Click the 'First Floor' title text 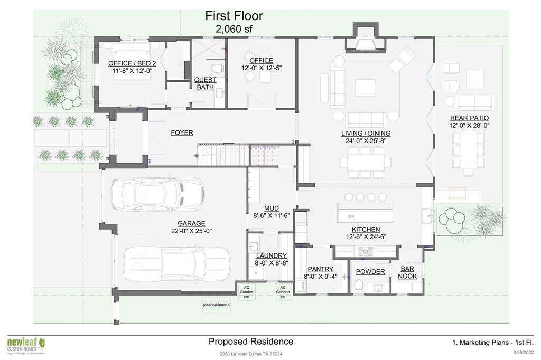click(234, 16)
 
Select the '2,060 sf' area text click(234, 29)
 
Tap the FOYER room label click(182, 133)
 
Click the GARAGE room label click(191, 223)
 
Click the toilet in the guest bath click(216, 68)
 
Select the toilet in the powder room click(358, 286)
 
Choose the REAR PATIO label click(469, 118)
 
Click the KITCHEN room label click(366, 230)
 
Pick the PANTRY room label click(320, 269)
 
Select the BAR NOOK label click(407, 272)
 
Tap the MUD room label click(271, 209)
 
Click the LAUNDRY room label click(271, 255)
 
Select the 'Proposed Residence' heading click(250, 342)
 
